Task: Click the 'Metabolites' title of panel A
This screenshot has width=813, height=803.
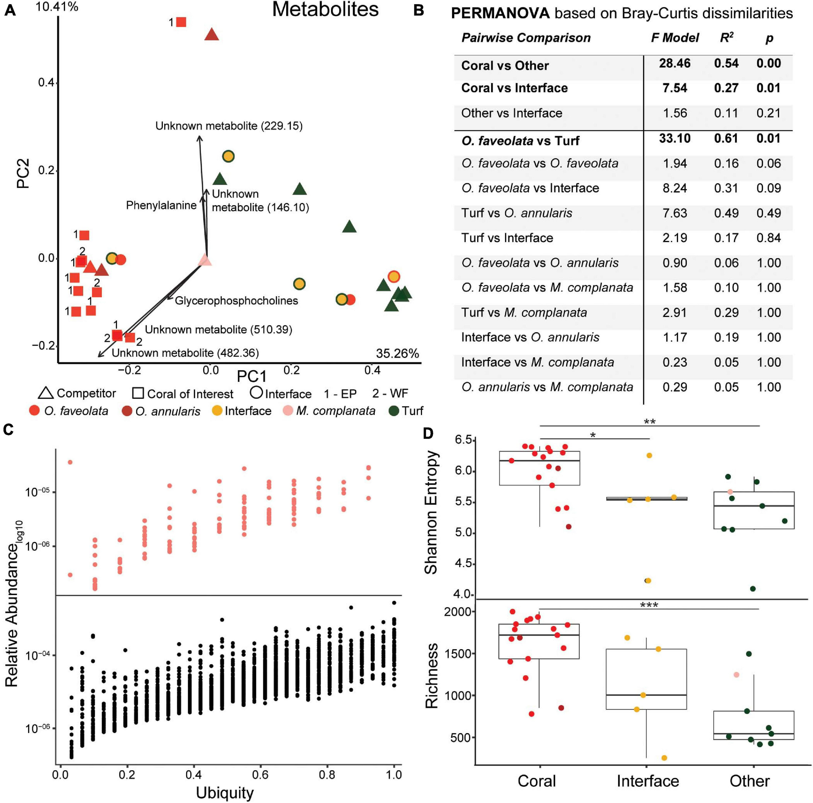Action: point(325,9)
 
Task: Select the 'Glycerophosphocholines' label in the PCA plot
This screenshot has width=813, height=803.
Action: point(236,300)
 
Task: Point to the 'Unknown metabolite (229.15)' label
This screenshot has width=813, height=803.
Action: point(229,126)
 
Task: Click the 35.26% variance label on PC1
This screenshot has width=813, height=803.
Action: point(397,353)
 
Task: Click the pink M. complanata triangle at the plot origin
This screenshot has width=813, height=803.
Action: point(205,260)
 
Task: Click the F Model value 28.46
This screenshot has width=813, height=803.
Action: point(674,63)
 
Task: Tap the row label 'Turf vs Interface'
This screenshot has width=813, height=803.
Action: point(507,238)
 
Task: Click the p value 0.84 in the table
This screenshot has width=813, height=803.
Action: point(768,238)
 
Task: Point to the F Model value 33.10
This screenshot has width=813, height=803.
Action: point(674,139)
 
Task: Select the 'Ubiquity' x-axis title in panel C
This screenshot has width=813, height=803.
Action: point(225,793)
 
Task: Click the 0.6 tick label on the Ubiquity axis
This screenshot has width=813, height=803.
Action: point(260,774)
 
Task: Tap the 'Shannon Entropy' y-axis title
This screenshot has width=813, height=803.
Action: point(431,512)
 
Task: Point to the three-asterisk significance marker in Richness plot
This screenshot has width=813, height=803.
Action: point(648,605)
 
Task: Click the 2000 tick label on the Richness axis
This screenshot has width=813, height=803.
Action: point(458,612)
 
